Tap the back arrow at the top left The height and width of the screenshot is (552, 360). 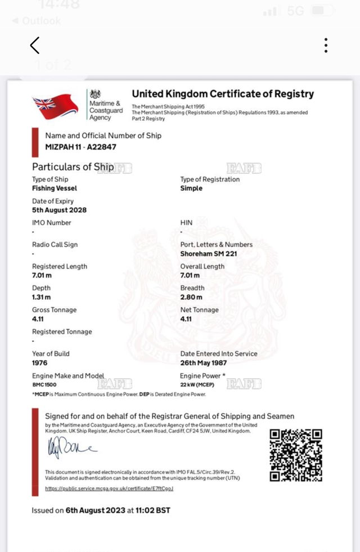pyautogui.click(x=35, y=45)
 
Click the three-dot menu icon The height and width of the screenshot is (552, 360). pyautogui.click(x=326, y=45)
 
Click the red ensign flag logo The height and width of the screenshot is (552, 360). pyautogui.click(x=55, y=106)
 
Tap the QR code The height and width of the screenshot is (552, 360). pyautogui.click(x=296, y=455)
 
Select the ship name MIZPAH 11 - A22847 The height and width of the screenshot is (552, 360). pyautogui.click(x=81, y=147)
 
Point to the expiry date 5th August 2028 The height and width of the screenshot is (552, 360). pyautogui.click(x=59, y=210)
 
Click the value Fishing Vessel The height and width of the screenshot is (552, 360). pyautogui.click(x=55, y=189)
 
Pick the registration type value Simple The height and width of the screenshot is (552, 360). pyautogui.click(x=191, y=189)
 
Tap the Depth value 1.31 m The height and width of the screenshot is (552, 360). pyautogui.click(x=41, y=297)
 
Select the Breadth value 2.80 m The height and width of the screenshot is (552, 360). pyautogui.click(x=190, y=297)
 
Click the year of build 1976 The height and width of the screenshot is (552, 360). pyautogui.click(x=40, y=363)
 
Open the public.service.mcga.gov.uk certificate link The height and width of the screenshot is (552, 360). pyautogui.click(x=109, y=488)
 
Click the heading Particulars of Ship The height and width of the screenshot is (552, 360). pyautogui.click(x=73, y=167)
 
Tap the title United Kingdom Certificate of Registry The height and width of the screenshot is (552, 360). pyautogui.click(x=223, y=94)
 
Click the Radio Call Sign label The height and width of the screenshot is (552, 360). pyautogui.click(x=55, y=245)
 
